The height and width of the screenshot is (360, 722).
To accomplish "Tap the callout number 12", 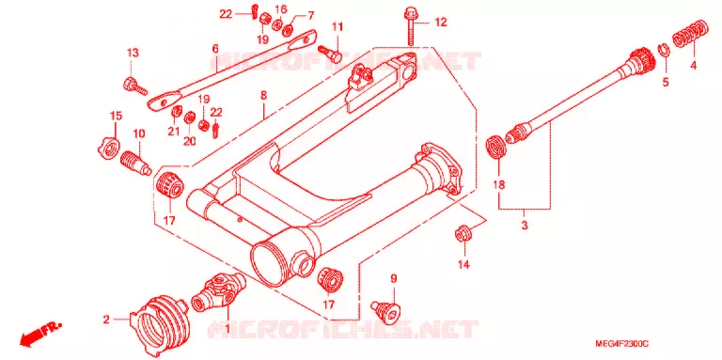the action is (x=441, y=23).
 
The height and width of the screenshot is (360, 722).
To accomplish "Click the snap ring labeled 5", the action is (x=664, y=51).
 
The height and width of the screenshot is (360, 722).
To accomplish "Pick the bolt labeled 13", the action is (x=135, y=86).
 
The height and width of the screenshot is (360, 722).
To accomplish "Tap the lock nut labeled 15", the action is (x=109, y=149).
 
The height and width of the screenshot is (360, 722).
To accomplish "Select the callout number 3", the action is (x=524, y=226).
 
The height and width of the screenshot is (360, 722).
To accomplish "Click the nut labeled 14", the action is (x=462, y=233).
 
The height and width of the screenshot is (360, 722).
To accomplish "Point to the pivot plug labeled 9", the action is (x=385, y=310).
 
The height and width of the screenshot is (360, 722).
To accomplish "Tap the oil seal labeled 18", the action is (x=496, y=147).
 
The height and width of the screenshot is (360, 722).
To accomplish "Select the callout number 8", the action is (x=263, y=96).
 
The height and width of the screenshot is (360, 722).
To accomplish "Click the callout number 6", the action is (x=215, y=49).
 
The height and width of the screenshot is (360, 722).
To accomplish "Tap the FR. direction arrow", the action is (x=40, y=334).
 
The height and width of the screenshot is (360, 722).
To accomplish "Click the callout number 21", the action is (x=173, y=133).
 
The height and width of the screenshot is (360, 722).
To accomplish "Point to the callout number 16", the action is (x=281, y=9).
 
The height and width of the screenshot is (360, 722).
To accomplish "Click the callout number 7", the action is (x=311, y=15).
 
